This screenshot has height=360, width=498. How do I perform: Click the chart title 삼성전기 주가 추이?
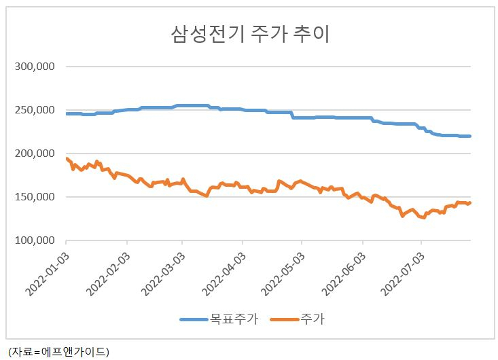coord(250,34)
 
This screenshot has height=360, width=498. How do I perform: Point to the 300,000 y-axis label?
coord(35,67)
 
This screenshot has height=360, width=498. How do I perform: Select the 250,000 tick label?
coord(35,110)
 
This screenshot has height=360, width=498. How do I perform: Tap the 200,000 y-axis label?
coord(35,154)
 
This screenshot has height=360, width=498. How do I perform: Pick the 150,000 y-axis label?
coord(35,197)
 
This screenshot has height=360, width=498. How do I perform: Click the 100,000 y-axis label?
coord(35,240)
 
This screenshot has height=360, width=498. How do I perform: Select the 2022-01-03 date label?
coord(48,274)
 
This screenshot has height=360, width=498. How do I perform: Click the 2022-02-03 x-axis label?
coord(108,274)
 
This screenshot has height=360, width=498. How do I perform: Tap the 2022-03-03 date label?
coord(163,274)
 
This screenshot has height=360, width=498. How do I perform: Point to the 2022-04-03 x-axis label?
coord(224,274)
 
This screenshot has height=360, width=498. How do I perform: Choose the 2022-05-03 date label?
coord(283,274)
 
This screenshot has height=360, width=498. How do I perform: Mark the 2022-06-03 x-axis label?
coord(344,274)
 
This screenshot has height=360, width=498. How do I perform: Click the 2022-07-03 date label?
coord(402,274)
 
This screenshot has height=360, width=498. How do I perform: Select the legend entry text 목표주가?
coord(234,319)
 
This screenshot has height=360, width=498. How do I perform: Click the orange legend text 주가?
coord(313,319)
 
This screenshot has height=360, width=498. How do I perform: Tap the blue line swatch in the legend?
coord(194,319)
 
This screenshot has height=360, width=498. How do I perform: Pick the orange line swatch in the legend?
coord(285,319)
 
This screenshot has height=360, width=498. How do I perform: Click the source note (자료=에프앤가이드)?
coord(58,352)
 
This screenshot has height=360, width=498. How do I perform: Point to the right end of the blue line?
coord(470,137)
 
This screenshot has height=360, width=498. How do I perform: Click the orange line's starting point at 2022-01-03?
coord(67,158)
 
